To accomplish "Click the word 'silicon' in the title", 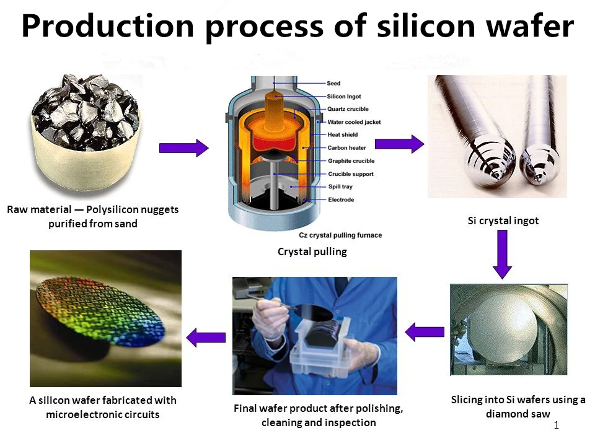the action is pos(426,26).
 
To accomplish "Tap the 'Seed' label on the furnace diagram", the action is pos(333,83).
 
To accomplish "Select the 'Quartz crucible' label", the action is pos(348,109).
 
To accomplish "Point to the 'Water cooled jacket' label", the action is pos(354,122).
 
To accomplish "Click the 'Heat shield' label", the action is pos(343,134).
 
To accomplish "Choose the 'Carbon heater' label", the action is pos(347,148).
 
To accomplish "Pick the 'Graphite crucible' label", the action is pos(351,161).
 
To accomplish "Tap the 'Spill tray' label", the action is pos(340,186).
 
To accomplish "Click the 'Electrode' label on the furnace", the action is pos(341,199).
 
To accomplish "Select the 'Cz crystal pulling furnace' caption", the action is pos(340,235).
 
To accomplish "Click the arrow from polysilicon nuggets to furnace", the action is pos(183,148).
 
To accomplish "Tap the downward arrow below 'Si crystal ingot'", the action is pos(503,255).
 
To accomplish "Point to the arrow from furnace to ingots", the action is pos(400,144).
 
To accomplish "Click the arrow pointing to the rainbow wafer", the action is pos(206,337).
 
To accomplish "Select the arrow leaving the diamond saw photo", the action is pos(425,332).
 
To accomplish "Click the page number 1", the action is pos(557,426).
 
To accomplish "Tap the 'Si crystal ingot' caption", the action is pos(503,221).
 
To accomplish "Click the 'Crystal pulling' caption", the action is pos(312,252).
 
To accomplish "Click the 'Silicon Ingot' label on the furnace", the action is pos(344,97).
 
